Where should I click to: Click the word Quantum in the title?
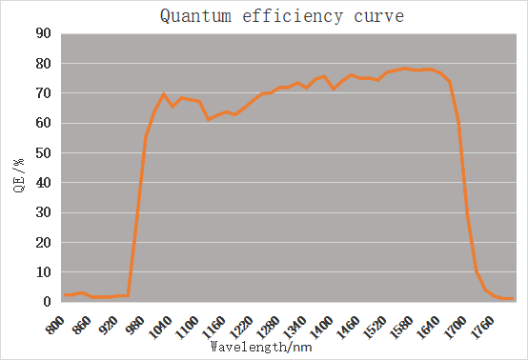coord(195,16)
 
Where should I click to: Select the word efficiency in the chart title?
coord(293,16)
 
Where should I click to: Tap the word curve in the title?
coord(378,17)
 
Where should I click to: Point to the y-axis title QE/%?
coord(19,175)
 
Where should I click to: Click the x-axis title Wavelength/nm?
coord(261,347)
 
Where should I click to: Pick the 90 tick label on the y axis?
coord(44,33)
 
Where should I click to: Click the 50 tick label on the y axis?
coord(44,152)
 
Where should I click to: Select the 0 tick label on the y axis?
coord(47,302)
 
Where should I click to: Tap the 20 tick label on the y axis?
coord(44,242)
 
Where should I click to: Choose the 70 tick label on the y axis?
coord(44,93)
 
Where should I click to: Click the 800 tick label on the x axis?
coord(55,325)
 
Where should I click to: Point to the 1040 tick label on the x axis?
coord(160,327)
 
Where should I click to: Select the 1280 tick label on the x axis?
coord(268,327)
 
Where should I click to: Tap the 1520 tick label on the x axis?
coord(376,327)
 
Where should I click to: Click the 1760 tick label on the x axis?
coord(482,327)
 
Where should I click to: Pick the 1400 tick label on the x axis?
coord(321,327)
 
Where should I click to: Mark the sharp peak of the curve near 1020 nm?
coord(163,94)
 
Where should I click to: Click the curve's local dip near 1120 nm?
coord(209,119)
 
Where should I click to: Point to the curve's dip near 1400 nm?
coord(334,89)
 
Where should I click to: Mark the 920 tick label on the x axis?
coord(109,325)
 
